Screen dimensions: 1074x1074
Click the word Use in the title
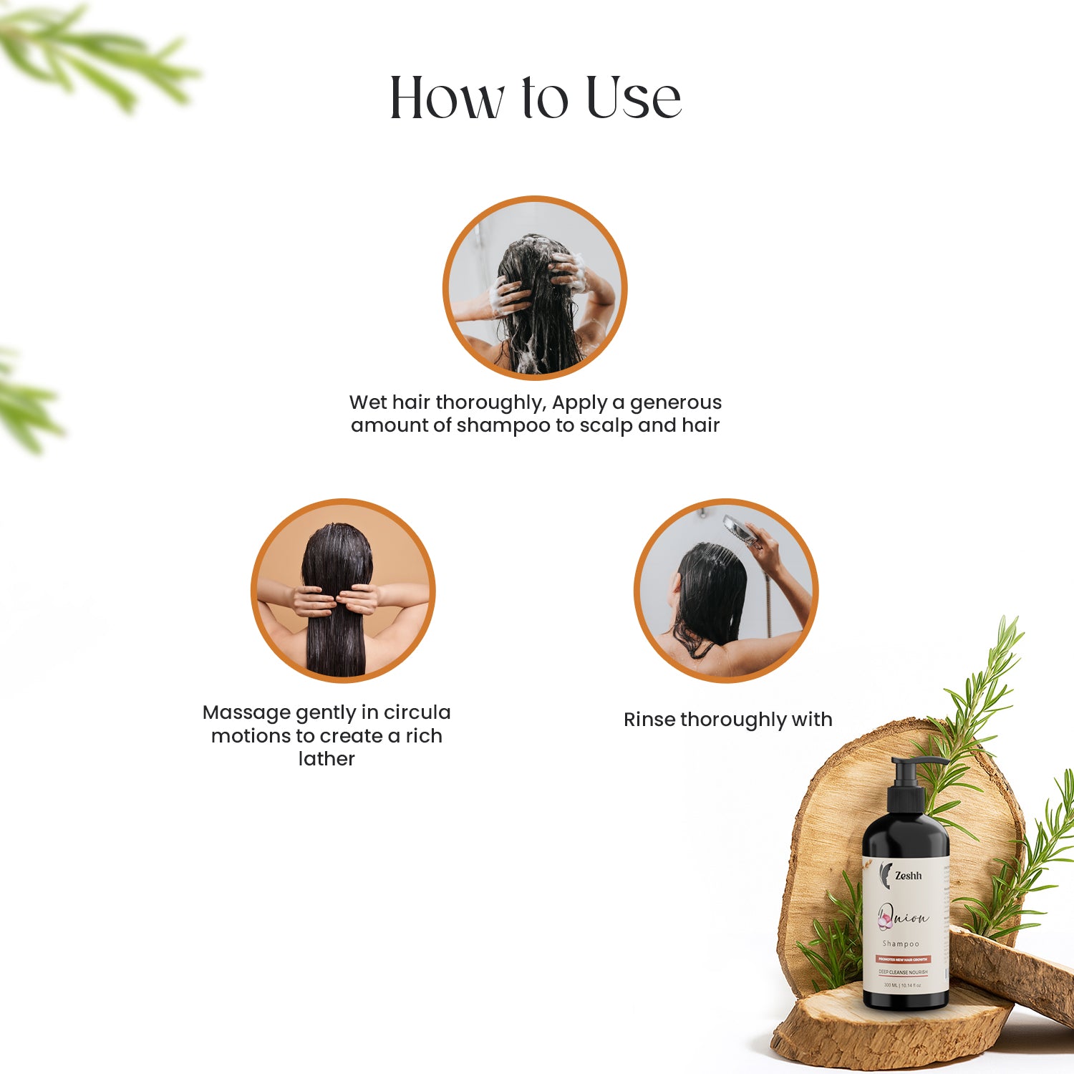click(633, 97)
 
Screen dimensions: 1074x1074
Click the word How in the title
click(447, 97)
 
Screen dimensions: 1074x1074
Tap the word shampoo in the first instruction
click(503, 425)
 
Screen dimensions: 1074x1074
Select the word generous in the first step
click(675, 402)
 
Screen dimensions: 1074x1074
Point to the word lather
click(326, 759)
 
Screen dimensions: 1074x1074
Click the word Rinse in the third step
click(649, 720)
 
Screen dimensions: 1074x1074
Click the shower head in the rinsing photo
click(737, 528)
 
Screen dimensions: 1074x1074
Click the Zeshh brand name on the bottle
click(908, 876)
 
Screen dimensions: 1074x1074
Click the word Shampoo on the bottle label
click(901, 944)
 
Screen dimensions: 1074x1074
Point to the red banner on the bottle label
click(903, 959)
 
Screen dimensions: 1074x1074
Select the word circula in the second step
click(417, 712)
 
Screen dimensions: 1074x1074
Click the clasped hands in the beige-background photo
click(335, 600)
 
